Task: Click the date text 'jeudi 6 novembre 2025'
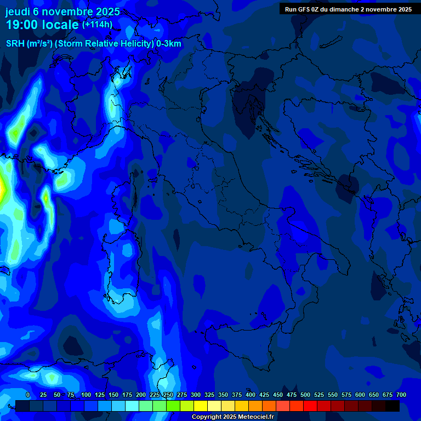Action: [62, 12]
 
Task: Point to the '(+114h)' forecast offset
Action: [97, 25]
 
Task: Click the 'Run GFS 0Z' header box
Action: [348, 9]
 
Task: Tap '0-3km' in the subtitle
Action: [169, 44]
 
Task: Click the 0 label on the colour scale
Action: [28, 395]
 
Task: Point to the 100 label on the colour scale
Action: [86, 395]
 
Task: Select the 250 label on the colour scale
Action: [168, 395]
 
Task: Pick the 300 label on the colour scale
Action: [196, 395]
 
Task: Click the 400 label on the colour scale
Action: [251, 395]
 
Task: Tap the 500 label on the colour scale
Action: [305, 395]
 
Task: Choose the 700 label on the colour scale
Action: [401, 395]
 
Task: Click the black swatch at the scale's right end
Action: [392, 406]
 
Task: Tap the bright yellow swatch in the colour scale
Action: [201, 406]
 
